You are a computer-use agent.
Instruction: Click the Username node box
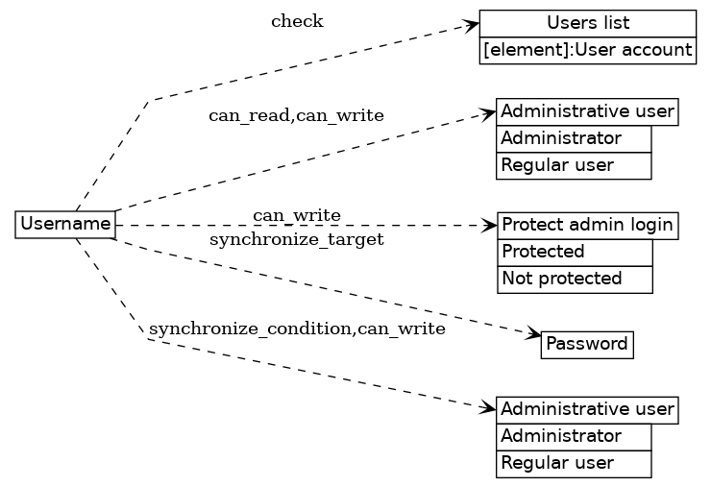(65, 225)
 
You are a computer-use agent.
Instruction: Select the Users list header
(587, 23)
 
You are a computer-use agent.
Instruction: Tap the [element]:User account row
(587, 50)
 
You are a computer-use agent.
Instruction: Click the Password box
(586, 344)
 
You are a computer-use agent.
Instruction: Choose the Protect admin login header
(587, 226)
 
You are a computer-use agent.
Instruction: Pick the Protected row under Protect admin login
(575, 252)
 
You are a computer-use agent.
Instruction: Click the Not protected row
(575, 279)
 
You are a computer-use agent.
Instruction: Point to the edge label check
(297, 21)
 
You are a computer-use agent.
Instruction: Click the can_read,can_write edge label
(296, 116)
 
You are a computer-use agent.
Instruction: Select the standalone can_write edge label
(297, 213)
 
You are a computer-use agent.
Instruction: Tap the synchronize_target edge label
(296, 239)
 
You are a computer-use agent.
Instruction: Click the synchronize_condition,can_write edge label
(297, 329)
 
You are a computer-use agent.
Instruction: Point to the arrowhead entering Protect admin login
(490, 226)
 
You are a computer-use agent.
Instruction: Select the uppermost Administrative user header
(587, 111)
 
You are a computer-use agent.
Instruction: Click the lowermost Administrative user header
(587, 410)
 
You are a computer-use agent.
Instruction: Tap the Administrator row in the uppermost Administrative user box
(574, 138)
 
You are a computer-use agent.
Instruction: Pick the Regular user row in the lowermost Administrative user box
(574, 463)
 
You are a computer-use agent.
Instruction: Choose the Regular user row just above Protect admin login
(574, 165)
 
